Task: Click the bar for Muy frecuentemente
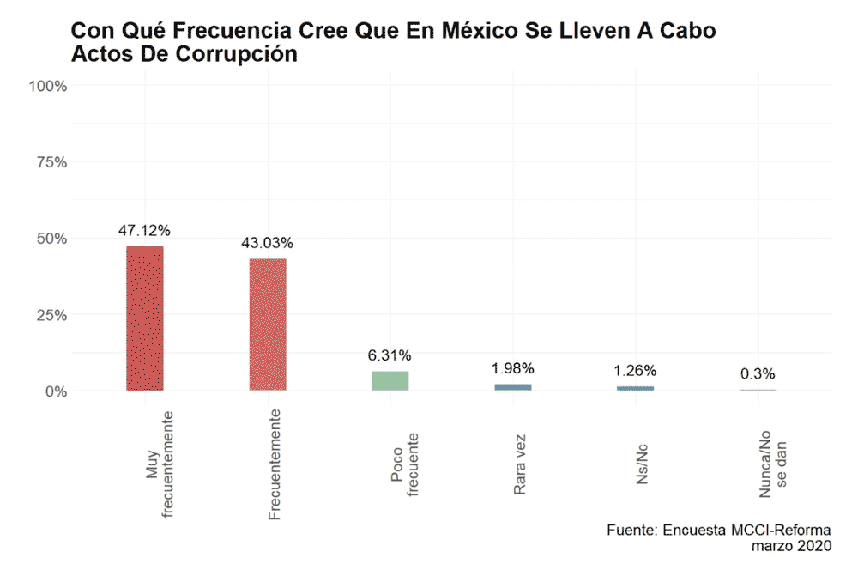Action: pos(145,318)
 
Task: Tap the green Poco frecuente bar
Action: pos(390,380)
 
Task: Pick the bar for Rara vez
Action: pos(513,387)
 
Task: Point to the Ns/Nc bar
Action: pos(635,388)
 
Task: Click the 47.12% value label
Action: pos(145,230)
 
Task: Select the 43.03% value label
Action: pos(268,242)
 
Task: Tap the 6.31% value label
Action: pos(390,355)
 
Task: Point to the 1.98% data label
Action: pos(513,368)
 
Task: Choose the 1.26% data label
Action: pos(635,371)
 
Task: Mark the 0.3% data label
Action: pos(758,373)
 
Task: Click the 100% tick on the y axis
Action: pos(48,86)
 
